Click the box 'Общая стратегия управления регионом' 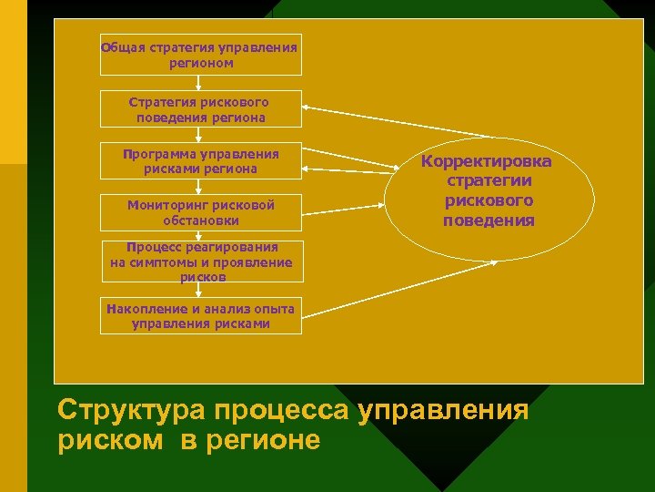click(x=199, y=55)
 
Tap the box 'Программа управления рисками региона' click(x=199, y=161)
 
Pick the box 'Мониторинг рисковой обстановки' click(x=199, y=212)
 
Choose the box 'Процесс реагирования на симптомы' click(x=201, y=262)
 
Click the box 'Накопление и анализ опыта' click(x=199, y=315)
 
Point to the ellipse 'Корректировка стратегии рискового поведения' click(x=489, y=190)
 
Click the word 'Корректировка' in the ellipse click(x=487, y=162)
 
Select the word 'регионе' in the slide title click(x=270, y=440)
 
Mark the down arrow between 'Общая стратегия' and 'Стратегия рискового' click(x=199, y=83)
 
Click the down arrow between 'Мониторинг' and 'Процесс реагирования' click(x=199, y=234)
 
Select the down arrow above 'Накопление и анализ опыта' click(x=199, y=290)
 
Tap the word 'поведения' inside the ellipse click(x=489, y=220)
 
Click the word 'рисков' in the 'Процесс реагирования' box click(x=202, y=276)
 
